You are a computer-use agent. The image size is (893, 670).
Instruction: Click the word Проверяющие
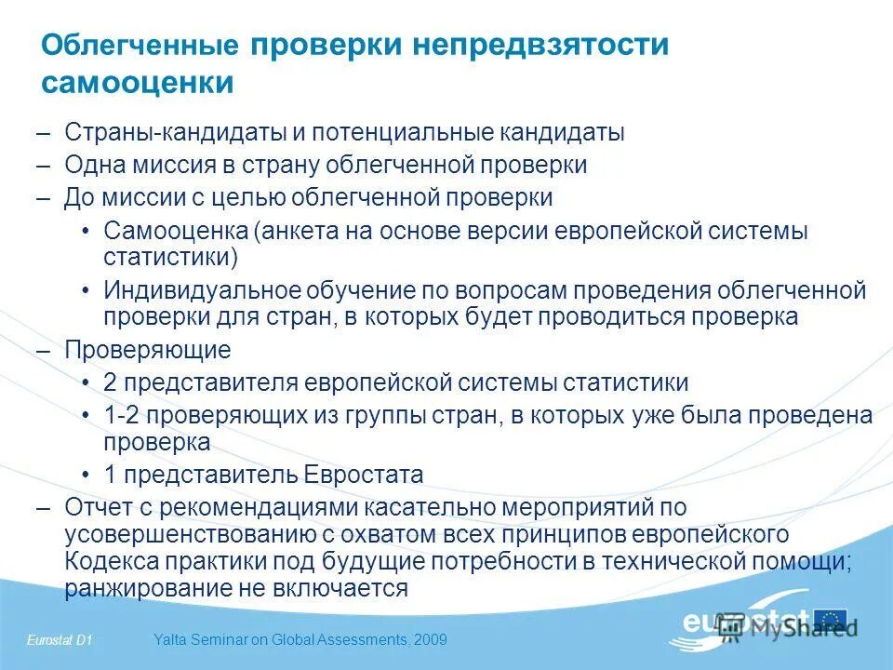(147, 350)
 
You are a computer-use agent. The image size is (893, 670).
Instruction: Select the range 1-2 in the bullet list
(121, 415)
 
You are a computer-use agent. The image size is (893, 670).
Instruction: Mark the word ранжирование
(140, 588)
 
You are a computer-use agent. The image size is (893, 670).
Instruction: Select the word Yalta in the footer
(167, 639)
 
